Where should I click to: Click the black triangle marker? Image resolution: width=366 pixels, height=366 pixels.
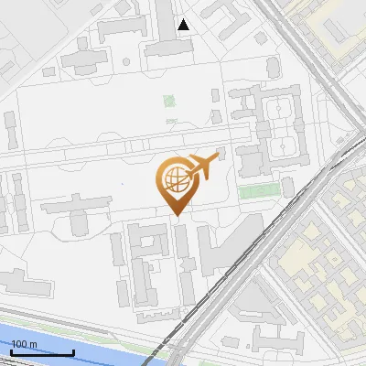coord(184,25)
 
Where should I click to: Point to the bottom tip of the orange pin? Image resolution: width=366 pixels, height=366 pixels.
coord(176,215)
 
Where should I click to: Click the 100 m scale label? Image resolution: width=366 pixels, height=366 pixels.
coord(23,344)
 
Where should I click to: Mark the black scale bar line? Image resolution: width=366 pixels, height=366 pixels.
coord(41,351)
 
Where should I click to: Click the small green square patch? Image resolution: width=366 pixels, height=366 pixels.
coord(168,102)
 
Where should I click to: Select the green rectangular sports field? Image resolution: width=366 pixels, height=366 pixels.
coord(259,191)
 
